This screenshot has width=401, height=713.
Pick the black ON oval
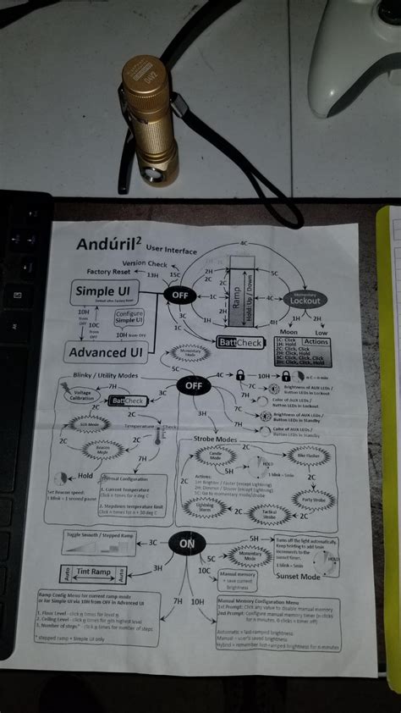187,542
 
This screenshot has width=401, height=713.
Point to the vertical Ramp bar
241,301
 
